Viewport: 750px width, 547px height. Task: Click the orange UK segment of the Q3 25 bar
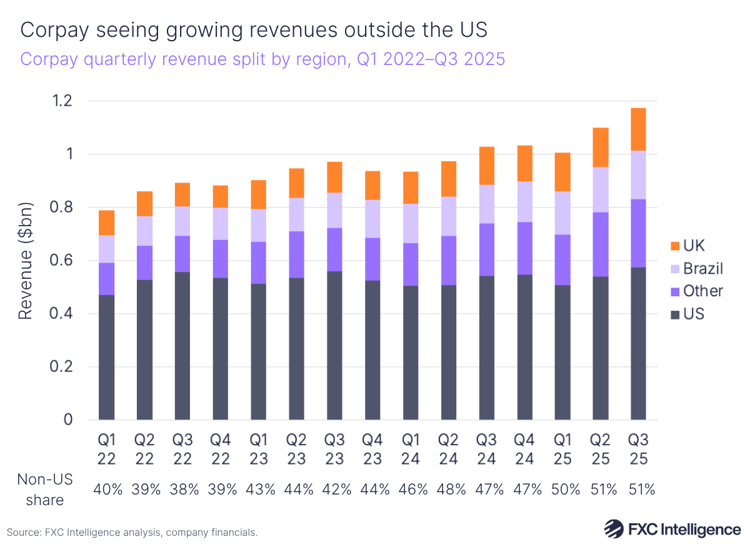click(x=638, y=129)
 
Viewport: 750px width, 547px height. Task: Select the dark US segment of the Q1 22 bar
click(x=107, y=357)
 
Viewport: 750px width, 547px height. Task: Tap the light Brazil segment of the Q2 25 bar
click(x=600, y=189)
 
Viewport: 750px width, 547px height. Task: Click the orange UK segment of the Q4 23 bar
click(x=373, y=185)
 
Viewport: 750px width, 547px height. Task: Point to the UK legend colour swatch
click(x=673, y=246)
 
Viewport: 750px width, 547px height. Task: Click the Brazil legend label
click(x=703, y=268)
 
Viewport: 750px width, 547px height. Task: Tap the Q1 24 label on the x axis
click(x=411, y=449)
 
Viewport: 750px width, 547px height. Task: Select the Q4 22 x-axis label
click(x=221, y=449)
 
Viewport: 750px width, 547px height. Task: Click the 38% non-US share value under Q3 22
click(x=183, y=489)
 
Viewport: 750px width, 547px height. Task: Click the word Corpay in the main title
click(x=52, y=29)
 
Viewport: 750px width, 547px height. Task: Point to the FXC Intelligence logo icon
click(x=612, y=529)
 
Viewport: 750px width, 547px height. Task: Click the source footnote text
click(x=132, y=532)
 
